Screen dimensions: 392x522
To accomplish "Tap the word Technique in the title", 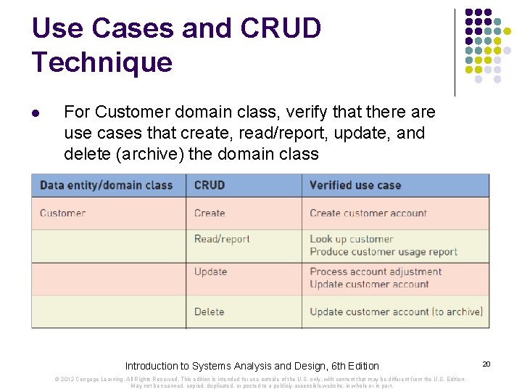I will point(102,62).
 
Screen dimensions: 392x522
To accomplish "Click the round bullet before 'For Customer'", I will point(36,114).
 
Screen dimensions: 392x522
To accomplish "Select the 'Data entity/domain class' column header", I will point(106,185).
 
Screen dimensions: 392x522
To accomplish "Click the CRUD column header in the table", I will point(210,185).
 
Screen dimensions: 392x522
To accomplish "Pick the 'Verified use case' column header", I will point(355,185).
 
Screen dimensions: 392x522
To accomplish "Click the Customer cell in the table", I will point(62,213).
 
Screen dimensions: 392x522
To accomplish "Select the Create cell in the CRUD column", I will point(210,213).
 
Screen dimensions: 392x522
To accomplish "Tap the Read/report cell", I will point(222,239).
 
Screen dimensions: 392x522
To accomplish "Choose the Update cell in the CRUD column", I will point(210,271).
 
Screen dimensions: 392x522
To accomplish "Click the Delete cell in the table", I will point(209,311).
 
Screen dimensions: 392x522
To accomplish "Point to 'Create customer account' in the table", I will point(368,213).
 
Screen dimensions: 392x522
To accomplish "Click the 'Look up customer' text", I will point(352,239).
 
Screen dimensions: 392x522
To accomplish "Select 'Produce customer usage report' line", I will point(384,252).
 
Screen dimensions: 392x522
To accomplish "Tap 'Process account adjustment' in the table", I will point(376,271).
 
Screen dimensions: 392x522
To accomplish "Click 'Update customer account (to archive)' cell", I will point(396,311).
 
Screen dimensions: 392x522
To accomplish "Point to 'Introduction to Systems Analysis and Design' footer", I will point(252,366).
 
